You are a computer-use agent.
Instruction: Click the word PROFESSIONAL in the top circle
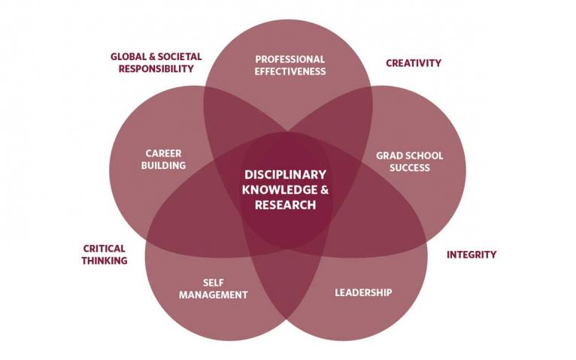[290, 59]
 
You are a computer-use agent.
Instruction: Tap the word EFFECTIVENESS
[290, 71]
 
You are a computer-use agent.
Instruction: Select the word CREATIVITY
[414, 63]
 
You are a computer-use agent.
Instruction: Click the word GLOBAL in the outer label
[127, 56]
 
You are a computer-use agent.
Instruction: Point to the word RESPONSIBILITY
[156, 68]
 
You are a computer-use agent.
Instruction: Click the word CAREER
[163, 153]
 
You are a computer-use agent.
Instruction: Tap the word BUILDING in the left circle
[163, 165]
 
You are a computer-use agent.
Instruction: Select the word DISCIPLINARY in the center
[286, 174]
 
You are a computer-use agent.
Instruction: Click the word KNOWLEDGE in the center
[279, 189]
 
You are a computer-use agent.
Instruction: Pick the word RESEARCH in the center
[286, 204]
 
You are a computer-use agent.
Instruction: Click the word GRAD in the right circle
[387, 156]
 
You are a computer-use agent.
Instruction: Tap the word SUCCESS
[410, 168]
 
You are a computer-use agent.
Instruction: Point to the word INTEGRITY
[471, 255]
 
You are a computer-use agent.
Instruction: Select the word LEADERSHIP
[363, 292]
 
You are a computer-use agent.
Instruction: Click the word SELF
[213, 283]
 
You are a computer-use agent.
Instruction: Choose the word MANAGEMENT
[213, 295]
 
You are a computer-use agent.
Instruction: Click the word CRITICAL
[104, 249]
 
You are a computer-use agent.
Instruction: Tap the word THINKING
[105, 261]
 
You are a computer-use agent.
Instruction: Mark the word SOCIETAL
[180, 56]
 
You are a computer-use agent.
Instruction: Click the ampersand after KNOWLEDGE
[324, 189]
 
